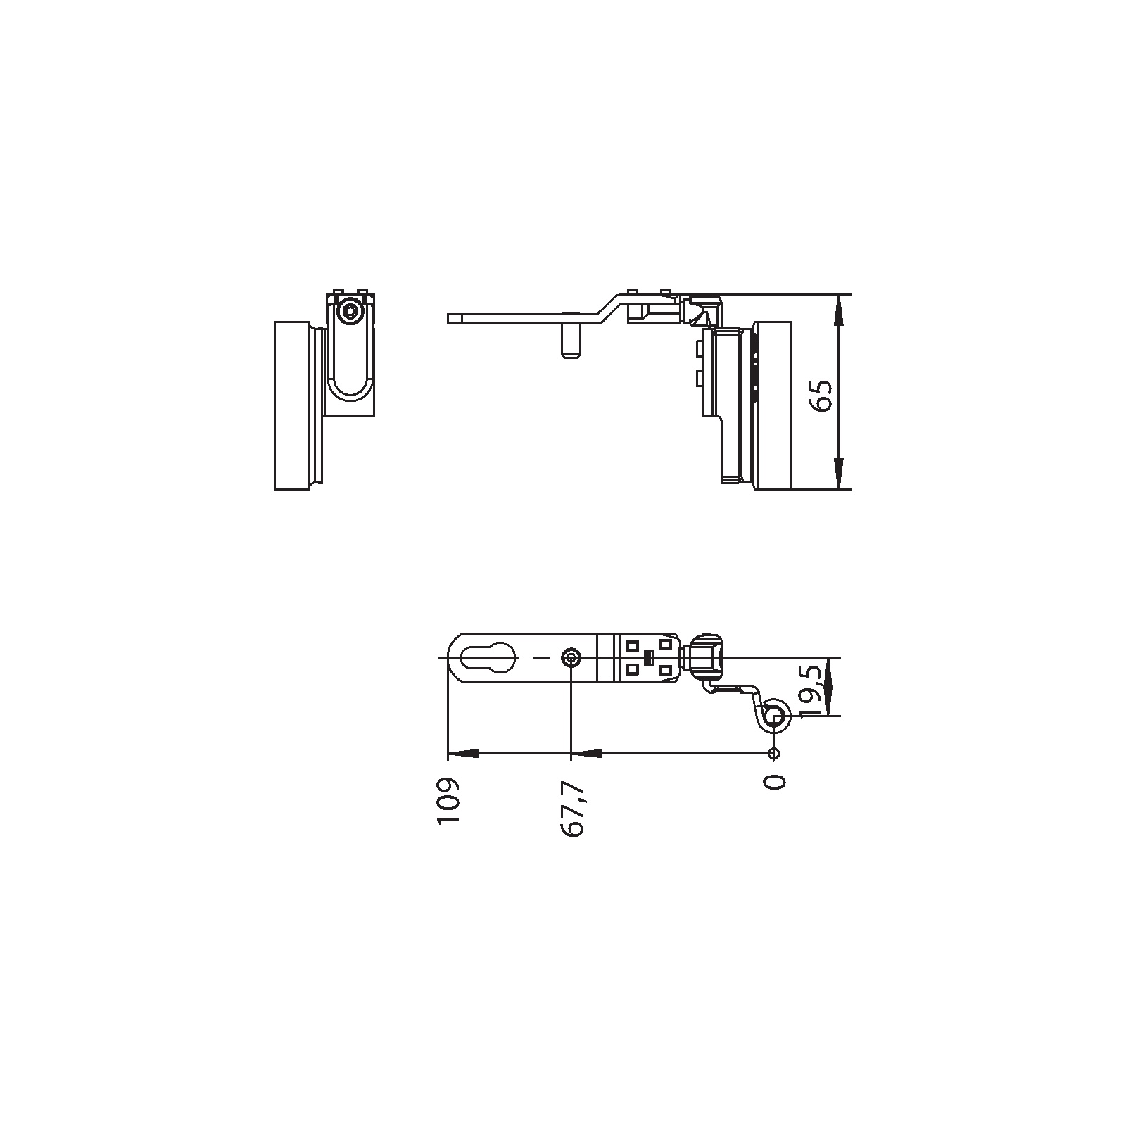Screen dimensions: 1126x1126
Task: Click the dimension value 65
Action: [x=821, y=396]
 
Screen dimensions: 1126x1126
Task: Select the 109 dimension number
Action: [x=448, y=801]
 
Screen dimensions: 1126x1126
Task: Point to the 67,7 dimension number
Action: [x=572, y=808]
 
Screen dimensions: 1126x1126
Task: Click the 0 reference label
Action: [x=774, y=781]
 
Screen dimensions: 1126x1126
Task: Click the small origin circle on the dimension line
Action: [x=773, y=754]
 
